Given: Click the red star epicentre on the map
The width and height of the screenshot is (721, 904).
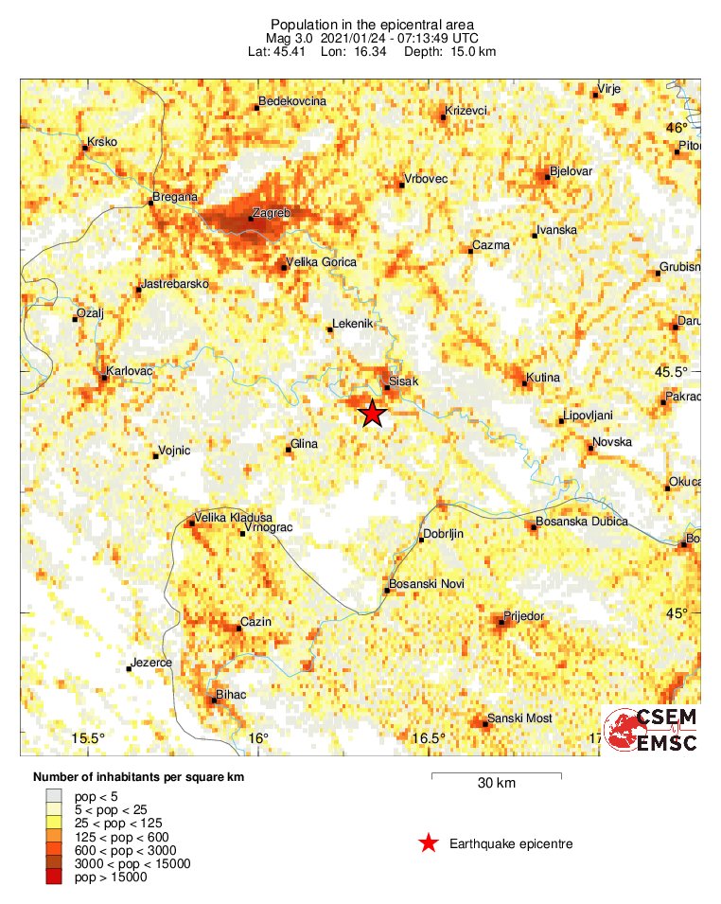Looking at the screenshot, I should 373,414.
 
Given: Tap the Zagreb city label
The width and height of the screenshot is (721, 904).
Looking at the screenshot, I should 272,214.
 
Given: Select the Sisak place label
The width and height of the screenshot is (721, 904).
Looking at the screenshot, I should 403,381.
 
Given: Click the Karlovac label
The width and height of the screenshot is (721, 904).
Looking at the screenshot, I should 131,371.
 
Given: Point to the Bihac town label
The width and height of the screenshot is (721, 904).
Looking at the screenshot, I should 231,695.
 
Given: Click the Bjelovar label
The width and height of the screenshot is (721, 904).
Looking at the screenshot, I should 571,171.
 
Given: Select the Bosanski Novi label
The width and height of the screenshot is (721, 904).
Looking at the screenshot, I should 427,584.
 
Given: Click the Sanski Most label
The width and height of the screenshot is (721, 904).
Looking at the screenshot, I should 519,718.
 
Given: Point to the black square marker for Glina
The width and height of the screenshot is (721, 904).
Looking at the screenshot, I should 290,450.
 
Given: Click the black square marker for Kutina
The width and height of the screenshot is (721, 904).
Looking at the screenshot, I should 525,383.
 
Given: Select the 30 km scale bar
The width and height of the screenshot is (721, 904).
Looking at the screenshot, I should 496,777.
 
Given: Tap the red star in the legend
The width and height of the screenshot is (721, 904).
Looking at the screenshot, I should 429,843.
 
